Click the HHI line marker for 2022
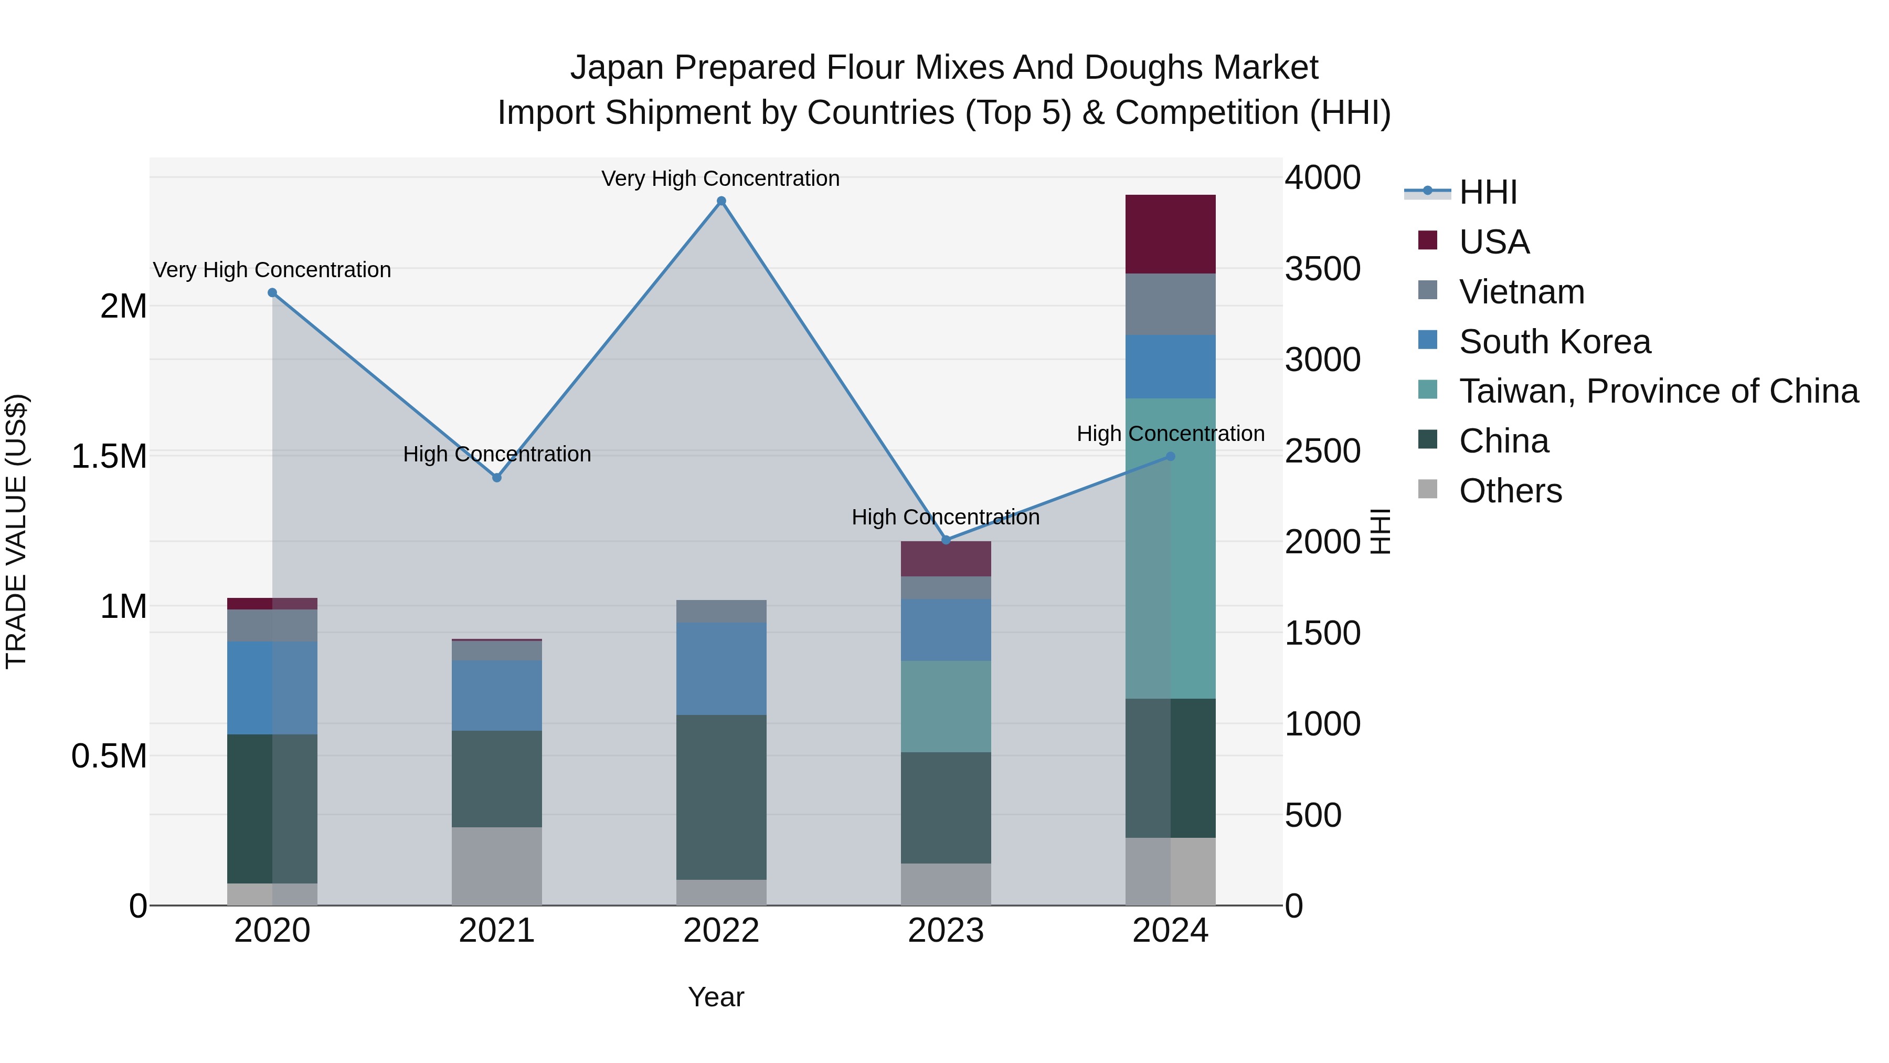[721, 201]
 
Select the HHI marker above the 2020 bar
[272, 293]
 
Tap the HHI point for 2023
[946, 540]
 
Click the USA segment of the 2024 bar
[1170, 234]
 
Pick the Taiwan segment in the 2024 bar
[1170, 548]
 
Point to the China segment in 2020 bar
[272, 808]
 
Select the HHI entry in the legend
[1487, 192]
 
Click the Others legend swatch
[1428, 489]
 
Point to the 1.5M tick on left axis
[109, 456]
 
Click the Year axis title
[716, 997]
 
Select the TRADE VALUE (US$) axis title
[16, 531]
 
